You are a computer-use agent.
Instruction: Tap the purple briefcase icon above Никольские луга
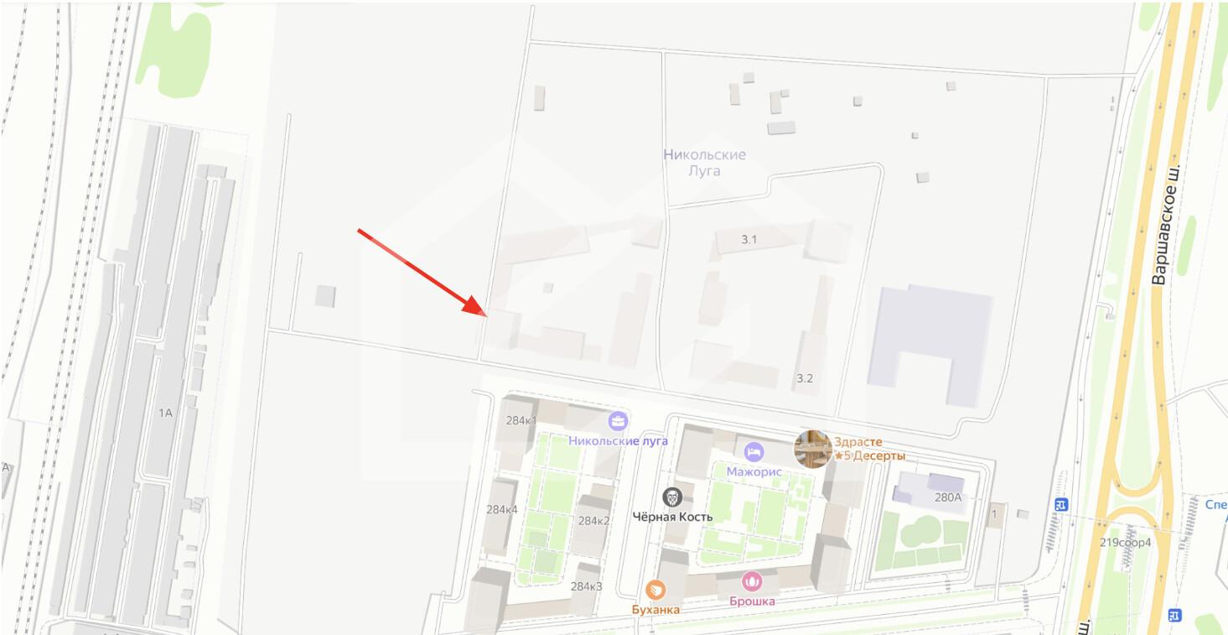point(619,420)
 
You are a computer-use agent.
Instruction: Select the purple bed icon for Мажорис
point(754,451)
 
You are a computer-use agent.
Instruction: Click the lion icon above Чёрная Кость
point(672,497)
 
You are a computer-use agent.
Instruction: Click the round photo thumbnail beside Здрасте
point(812,449)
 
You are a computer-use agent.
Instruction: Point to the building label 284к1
point(521,420)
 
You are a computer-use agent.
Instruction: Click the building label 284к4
point(502,509)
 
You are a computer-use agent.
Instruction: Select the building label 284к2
point(593,521)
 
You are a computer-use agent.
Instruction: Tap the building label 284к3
point(586,586)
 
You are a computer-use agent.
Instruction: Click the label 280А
point(947,497)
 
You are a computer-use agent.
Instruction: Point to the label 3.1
point(749,240)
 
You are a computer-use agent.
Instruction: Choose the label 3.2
point(805,378)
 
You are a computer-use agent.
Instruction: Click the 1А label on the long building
point(165,413)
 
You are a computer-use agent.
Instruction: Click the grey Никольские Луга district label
point(704,163)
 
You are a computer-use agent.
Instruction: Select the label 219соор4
point(1126,542)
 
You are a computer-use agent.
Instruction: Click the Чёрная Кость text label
point(673,517)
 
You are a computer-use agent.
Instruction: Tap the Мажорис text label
point(754,471)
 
